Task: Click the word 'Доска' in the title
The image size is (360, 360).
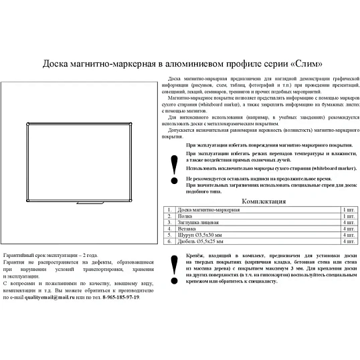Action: (56, 65)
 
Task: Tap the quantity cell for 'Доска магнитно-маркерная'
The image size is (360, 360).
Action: (347, 210)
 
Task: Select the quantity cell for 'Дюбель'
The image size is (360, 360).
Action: (347, 242)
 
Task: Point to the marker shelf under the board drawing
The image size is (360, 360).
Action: (88, 201)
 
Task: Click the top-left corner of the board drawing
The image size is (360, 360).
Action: (26, 123)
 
